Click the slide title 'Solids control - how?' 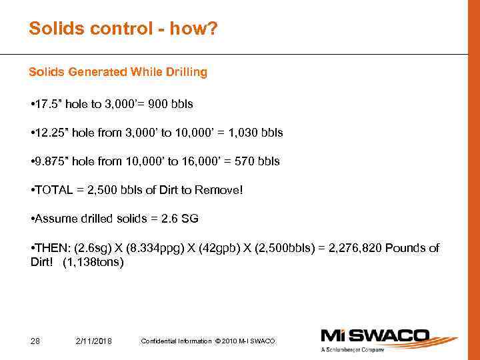pos(123,29)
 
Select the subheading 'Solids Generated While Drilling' pos(118,72)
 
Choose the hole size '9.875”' pos(49,161)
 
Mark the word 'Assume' pos(53,219)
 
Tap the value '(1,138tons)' pos(93,262)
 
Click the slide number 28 pos(35,341)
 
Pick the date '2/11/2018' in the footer pos(95,341)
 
